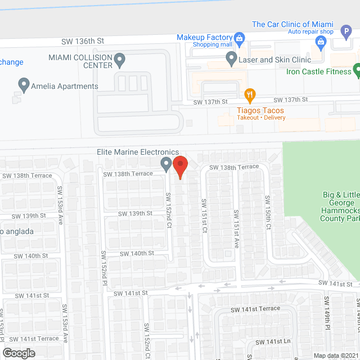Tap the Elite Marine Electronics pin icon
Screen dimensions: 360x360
166,164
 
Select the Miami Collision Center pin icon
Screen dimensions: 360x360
119,59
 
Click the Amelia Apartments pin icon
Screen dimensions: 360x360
24,85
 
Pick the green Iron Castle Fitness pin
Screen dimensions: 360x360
357,70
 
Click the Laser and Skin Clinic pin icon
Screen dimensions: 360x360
231,58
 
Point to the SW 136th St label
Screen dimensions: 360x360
83,41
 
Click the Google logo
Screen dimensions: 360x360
18,353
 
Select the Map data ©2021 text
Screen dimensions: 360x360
335,355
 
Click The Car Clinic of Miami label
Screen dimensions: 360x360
292,24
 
